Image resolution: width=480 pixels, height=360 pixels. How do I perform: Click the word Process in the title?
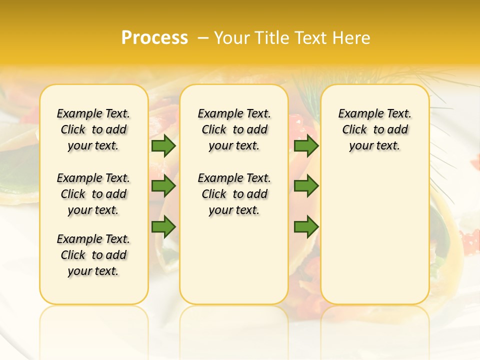(154, 37)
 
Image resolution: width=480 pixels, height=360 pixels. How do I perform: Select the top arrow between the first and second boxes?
(163, 145)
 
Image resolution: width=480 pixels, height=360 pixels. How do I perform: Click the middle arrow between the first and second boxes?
(163, 186)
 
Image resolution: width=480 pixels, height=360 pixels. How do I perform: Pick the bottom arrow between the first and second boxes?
(163, 227)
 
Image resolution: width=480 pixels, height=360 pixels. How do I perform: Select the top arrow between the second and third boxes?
(306, 145)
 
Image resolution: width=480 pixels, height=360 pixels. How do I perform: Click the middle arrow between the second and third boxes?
(306, 186)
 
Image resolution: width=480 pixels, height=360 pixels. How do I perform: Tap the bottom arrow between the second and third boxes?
(306, 227)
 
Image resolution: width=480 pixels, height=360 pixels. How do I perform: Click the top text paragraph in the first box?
(93, 129)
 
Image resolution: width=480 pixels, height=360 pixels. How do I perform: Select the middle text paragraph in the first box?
(93, 194)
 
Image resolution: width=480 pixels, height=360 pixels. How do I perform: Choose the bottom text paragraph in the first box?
(93, 255)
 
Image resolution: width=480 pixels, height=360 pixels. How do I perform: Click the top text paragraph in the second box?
(234, 129)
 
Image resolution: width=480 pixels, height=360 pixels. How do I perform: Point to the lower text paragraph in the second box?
(234, 194)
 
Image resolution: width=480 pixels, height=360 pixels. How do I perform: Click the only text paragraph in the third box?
(374, 129)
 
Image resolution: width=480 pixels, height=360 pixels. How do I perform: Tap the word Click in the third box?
(354, 130)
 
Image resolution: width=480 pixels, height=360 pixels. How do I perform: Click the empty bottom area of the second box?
(234, 265)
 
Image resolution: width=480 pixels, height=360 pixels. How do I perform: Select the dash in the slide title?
(203, 37)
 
